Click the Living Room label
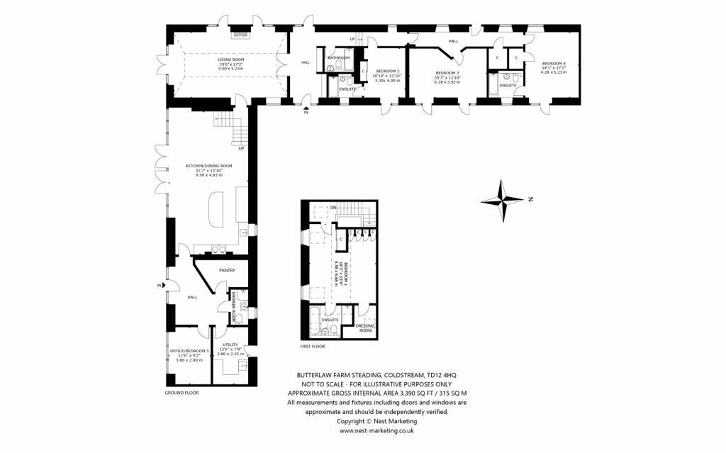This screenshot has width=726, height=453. point(230,60)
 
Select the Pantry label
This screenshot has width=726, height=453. point(227,270)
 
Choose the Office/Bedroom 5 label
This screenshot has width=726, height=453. point(189,351)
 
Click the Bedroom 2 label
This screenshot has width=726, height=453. point(388,71)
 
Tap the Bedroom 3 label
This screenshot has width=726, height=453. point(447,73)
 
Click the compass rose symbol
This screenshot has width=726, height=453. point(502,201)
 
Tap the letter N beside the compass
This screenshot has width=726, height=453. point(530,201)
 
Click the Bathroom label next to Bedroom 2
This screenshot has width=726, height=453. point(338,57)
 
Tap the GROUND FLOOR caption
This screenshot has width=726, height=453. point(182,392)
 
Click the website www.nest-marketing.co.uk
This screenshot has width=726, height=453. point(376,430)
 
